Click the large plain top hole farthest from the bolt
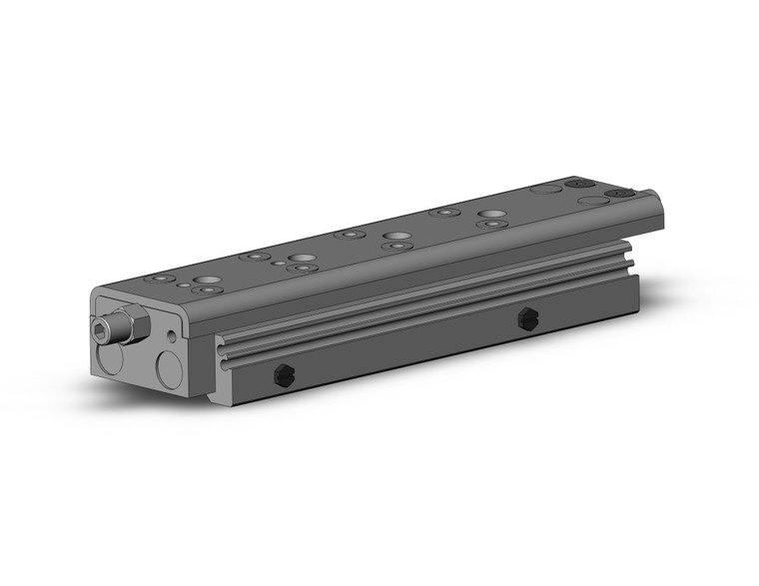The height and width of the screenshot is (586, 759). click(x=489, y=214)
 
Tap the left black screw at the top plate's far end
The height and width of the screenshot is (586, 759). click(x=576, y=184)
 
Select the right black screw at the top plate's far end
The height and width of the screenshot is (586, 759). click(x=623, y=194)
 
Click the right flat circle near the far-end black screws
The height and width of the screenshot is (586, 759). click(x=592, y=200)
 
